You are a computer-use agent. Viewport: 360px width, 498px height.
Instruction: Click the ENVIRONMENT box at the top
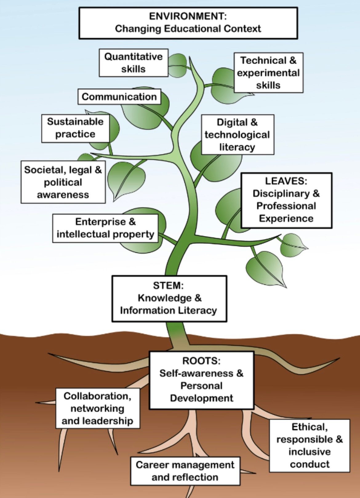188,23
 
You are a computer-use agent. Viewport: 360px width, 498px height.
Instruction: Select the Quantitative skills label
134,63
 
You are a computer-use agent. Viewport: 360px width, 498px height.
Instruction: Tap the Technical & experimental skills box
268,73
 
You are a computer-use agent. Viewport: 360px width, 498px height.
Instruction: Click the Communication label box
119,97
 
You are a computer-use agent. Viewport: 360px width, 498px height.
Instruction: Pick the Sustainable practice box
75,128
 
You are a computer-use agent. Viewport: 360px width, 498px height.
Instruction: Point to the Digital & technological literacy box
237,135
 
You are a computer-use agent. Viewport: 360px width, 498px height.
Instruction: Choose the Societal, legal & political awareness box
63,182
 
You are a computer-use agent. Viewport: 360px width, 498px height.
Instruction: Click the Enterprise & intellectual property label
105,228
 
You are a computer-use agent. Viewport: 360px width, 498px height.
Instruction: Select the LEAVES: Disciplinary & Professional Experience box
286,200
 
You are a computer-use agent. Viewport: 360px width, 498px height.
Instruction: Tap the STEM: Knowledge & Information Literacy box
169,298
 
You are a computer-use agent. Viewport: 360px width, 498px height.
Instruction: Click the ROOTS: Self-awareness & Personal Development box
202,380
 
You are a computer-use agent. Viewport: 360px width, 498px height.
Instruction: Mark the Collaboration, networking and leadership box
98,408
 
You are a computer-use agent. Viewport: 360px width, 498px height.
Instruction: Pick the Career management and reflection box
185,471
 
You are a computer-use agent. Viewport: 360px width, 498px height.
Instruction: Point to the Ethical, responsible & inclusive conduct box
310,445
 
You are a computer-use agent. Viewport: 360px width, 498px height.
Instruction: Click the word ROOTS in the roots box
202,361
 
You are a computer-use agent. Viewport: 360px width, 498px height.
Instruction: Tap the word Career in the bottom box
151,465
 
